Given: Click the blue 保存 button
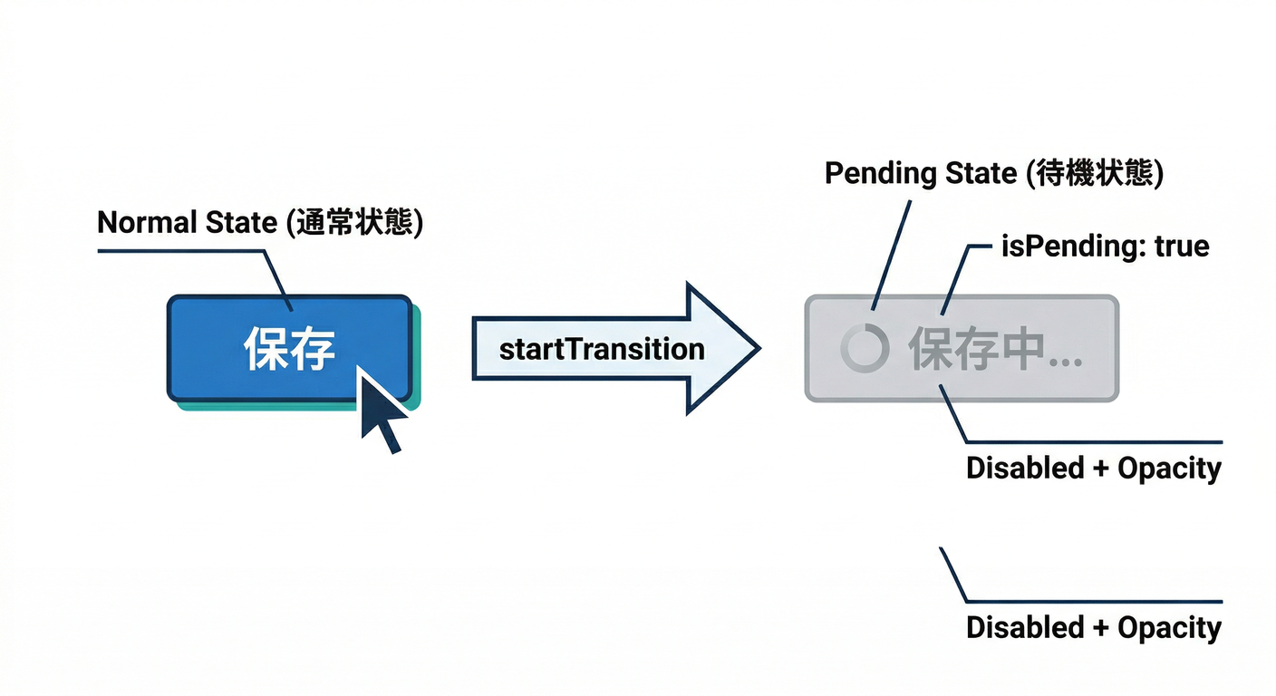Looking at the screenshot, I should pyautogui.click(x=289, y=348).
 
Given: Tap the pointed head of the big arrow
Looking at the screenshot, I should pyautogui.click(x=725, y=347).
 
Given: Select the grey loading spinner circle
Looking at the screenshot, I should pyautogui.click(x=861, y=349).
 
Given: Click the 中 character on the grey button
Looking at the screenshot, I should pyautogui.click(x=1014, y=350).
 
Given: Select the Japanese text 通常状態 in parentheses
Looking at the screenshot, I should pyautogui.click(x=354, y=223).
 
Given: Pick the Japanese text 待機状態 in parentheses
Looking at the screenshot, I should pyautogui.click(x=1094, y=173).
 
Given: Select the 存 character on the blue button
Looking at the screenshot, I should pyautogui.click(x=313, y=349).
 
